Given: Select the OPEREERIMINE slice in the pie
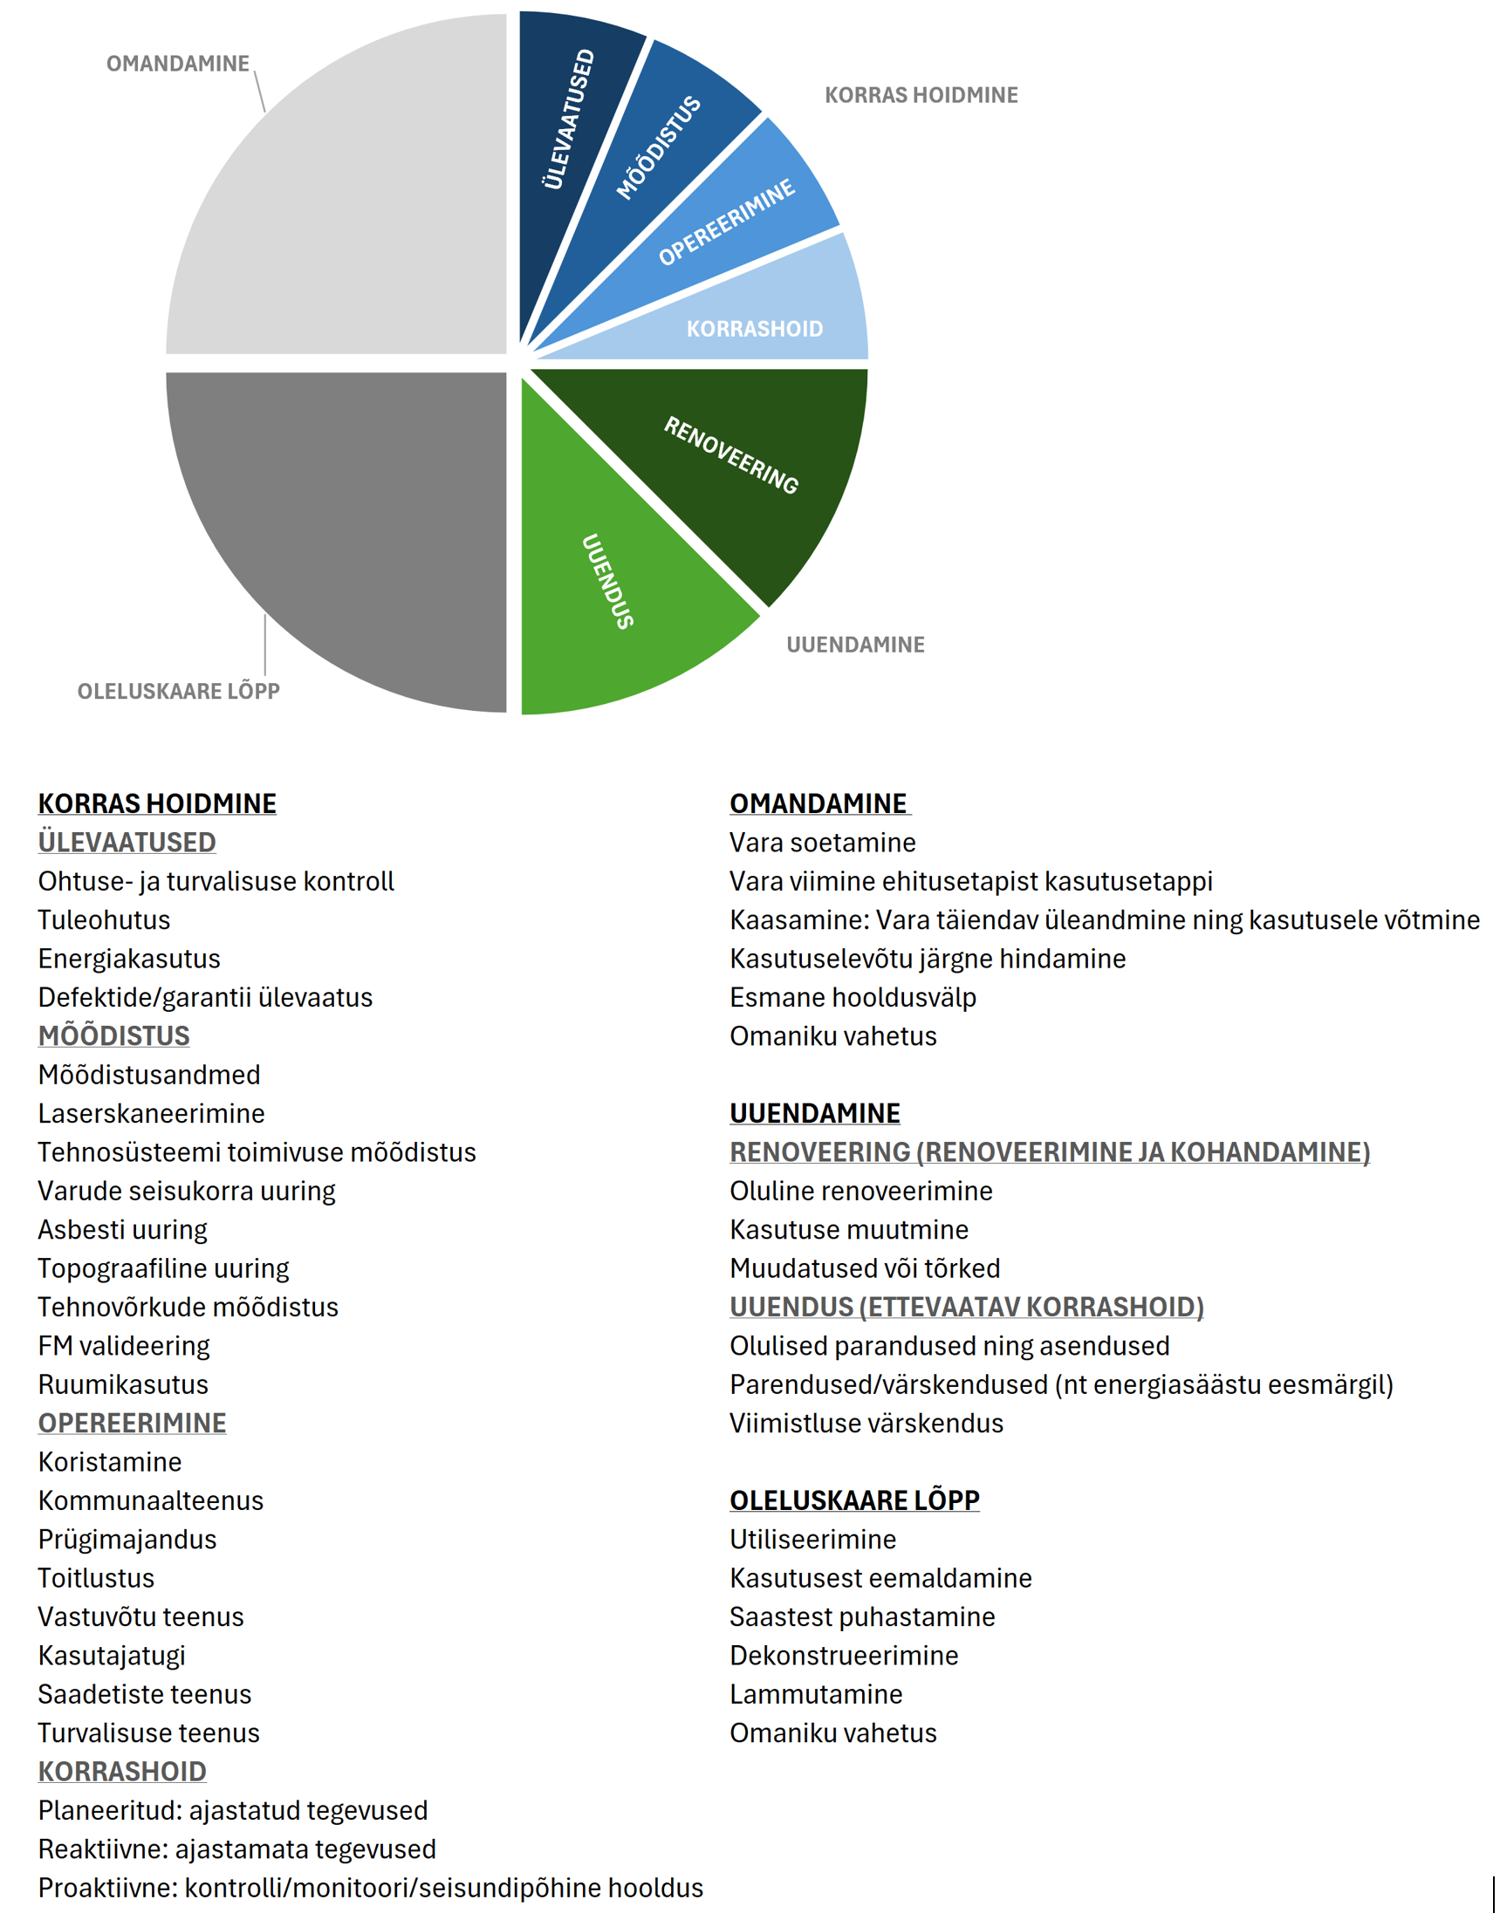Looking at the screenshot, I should point(725,224).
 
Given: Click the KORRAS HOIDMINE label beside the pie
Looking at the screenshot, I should point(921,95).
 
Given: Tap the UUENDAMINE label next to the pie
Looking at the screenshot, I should point(854,645).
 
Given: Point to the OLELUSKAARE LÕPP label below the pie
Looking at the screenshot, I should point(179,691).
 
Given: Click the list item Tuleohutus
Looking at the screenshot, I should point(104,919).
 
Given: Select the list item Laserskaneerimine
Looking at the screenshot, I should point(151,1113).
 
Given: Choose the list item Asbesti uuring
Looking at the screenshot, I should point(122,1229).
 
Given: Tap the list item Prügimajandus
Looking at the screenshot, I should point(127,1539).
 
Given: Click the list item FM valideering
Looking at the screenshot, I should point(124,1345).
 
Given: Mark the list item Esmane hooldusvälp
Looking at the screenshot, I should point(852,997).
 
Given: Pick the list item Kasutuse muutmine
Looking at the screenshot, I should point(848,1229).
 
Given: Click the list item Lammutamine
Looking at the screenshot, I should point(815,1693).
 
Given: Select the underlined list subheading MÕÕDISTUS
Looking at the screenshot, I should point(113,1035).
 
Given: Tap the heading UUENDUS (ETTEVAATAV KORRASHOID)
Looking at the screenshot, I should point(965,1307).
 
